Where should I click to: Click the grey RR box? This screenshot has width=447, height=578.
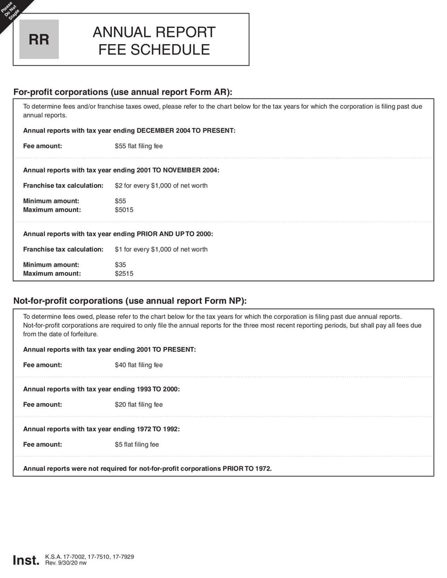click(39, 40)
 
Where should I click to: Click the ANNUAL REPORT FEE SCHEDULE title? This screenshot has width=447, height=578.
click(154, 40)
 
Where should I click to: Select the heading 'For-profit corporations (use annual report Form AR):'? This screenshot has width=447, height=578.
click(122, 92)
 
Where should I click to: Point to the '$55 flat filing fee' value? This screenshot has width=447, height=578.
click(139, 146)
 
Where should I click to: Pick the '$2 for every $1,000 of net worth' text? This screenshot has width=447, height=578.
click(161, 185)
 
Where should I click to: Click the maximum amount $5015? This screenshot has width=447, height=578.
click(124, 210)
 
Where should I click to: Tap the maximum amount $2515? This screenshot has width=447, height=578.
click(124, 274)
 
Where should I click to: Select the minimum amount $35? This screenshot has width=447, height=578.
click(120, 265)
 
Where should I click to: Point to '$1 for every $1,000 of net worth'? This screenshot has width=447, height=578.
click(161, 249)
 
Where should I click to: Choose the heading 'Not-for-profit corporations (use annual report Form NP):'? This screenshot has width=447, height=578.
click(130, 300)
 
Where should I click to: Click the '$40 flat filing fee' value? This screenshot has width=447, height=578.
click(139, 365)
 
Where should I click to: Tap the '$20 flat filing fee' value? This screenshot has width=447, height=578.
click(139, 404)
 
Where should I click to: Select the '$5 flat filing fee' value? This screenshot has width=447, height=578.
click(136, 445)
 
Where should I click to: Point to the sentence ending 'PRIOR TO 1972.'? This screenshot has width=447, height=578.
click(147, 469)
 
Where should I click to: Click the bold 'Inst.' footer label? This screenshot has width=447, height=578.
click(26, 560)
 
